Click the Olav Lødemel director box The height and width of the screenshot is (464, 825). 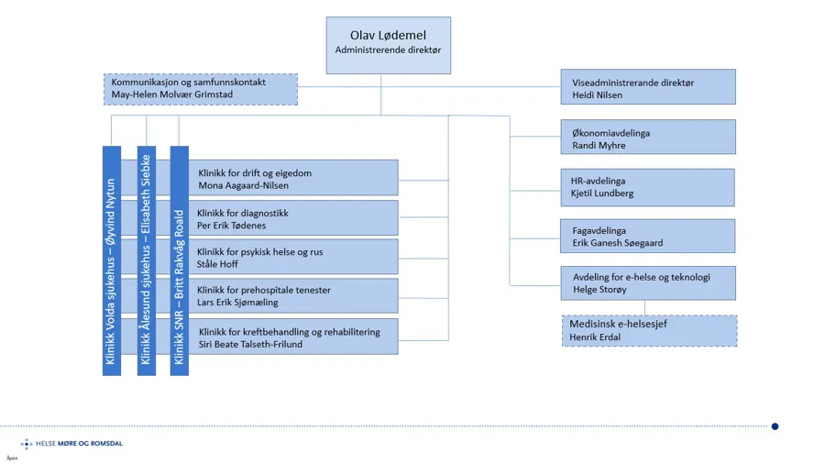coord(388,44)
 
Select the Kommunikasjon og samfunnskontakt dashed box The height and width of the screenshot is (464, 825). coord(200,89)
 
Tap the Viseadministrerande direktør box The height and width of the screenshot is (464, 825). coord(647,87)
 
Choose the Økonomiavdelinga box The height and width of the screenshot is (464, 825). coord(647,138)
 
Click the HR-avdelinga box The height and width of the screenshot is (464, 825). coord(647,187)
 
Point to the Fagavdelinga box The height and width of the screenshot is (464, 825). coord(647,237)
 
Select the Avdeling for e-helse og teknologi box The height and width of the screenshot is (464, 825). coord(647,283)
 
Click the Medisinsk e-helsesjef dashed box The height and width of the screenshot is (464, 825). coord(648,331)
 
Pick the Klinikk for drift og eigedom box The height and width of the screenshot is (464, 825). coord(293,178)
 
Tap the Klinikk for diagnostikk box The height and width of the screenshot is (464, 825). coord(293,218)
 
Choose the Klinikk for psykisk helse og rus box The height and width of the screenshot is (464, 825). coord(293,257)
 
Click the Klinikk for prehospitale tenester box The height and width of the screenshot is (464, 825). coord(293,296)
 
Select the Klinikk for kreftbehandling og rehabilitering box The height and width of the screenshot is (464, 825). coord(293,337)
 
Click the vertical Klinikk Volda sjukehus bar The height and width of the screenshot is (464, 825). coord(111,260)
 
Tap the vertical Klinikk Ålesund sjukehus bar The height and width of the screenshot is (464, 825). coord(146,260)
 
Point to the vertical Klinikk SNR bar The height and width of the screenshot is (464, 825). coord(179,260)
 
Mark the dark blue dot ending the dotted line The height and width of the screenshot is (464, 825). coord(775,426)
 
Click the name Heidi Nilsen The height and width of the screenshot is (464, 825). coord(598,94)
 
